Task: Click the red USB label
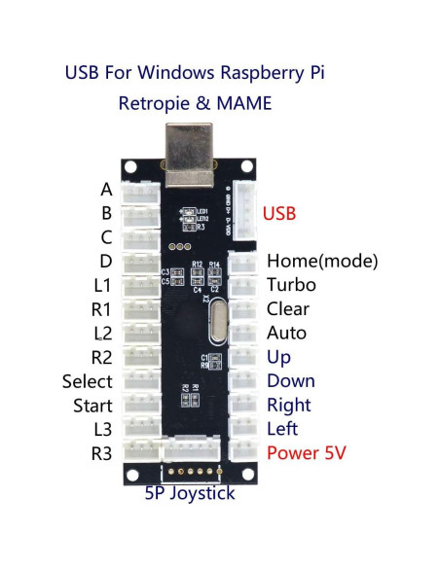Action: pos(279,213)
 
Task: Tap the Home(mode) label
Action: pos(321,261)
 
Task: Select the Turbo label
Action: pos(287,285)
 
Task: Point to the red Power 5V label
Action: pos(306,453)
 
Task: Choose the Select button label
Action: pos(87,381)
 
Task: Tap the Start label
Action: pos(92,406)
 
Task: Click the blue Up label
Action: pos(278,357)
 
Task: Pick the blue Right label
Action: pos(288,405)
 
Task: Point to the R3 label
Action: pos(101,453)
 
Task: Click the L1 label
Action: pos(103,285)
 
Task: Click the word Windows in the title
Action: pos(183,73)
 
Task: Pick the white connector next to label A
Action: pos(141,192)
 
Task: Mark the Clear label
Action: pos(287,309)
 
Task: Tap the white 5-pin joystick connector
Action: pos(192,450)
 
